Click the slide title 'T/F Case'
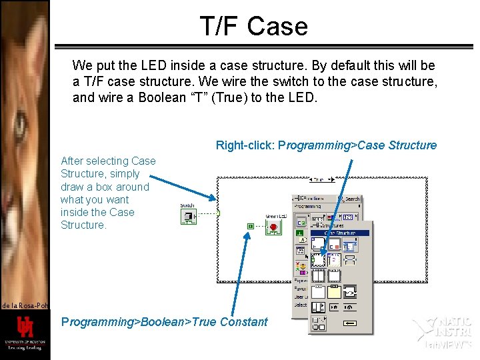[x=254, y=27]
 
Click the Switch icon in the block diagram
[x=188, y=216]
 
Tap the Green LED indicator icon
[x=273, y=227]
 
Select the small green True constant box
[x=250, y=227]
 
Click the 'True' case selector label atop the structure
[x=321, y=179]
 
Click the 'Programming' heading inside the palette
[x=309, y=207]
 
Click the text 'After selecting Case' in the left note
[x=108, y=161]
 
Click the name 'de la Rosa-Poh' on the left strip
[x=25, y=305]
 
